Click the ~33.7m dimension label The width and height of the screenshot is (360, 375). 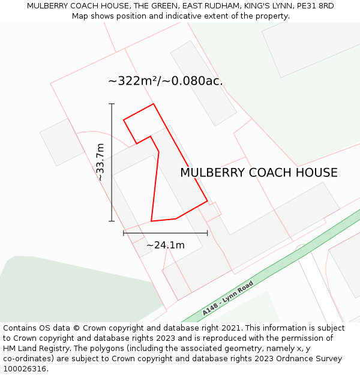pyautogui.click(x=101, y=162)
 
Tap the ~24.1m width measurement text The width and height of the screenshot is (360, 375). pyautogui.click(x=166, y=245)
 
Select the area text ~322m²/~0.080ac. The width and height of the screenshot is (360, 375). pyautogui.click(x=165, y=81)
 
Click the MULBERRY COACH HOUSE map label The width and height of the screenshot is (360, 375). pyautogui.click(x=259, y=173)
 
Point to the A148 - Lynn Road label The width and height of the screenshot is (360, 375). pyautogui.click(x=227, y=298)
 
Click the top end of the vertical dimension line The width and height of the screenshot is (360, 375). pyautogui.click(x=112, y=104)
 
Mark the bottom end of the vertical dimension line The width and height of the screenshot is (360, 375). pyautogui.click(x=112, y=221)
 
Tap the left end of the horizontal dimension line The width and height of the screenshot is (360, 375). pyautogui.click(x=124, y=233)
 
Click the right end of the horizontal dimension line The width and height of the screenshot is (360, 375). pyautogui.click(x=208, y=233)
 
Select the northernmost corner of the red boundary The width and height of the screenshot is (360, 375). pyautogui.click(x=154, y=104)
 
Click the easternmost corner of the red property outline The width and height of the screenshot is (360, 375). pyautogui.click(x=208, y=201)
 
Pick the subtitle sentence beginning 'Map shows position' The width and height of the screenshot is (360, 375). pyautogui.click(x=181, y=16)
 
